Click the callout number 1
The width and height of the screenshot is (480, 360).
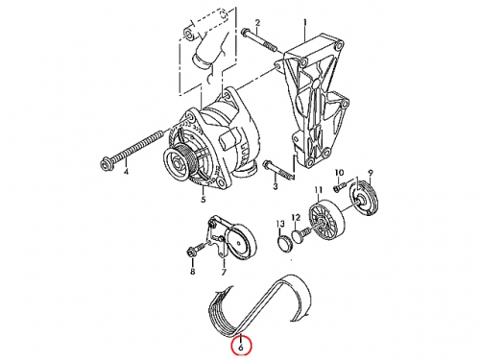(305, 23)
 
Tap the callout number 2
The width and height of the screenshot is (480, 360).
(257, 23)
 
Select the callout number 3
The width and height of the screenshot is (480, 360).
(276, 186)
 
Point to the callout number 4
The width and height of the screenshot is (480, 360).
(126, 172)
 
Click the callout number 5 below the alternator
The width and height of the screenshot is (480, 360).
(204, 200)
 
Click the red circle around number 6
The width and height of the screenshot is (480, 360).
(242, 346)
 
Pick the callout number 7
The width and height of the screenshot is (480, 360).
(224, 272)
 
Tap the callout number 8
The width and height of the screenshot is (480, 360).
(193, 272)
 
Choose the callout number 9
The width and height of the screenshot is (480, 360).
(371, 173)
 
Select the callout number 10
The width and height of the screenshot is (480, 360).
(339, 173)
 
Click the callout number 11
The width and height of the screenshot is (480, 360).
(318, 190)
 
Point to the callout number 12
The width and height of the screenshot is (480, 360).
(296, 218)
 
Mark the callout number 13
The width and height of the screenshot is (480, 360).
(280, 224)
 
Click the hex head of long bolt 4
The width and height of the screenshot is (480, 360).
(105, 164)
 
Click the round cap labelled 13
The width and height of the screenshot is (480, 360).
(284, 244)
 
